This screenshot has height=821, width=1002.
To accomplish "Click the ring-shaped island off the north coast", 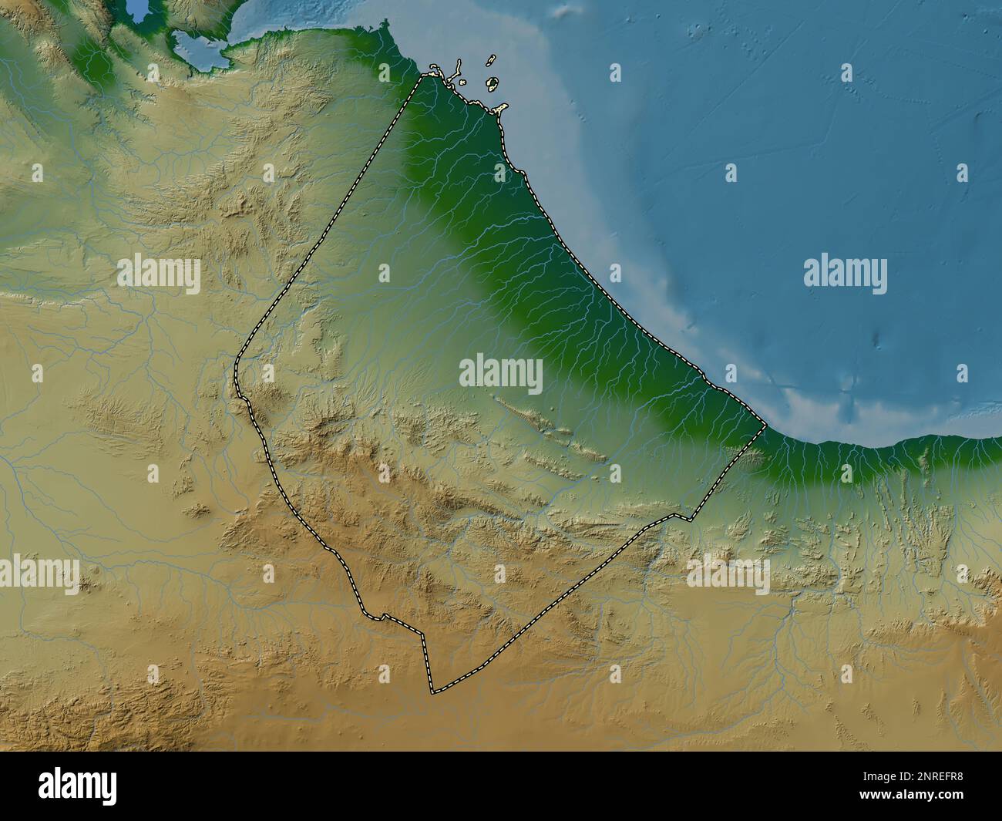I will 491,82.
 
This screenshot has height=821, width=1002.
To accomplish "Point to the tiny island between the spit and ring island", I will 462,82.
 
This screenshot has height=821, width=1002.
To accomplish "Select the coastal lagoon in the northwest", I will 196,48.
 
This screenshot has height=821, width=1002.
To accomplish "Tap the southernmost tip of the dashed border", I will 433,692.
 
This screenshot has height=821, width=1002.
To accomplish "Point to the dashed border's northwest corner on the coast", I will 422,76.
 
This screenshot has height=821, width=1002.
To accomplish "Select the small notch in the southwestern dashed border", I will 379,616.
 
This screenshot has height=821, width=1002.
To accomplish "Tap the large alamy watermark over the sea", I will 845,274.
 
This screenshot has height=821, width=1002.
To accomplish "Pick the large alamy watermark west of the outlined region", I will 159,274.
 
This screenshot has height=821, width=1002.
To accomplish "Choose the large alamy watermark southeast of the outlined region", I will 728,573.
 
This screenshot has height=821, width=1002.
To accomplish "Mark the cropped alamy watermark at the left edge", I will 39,573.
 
